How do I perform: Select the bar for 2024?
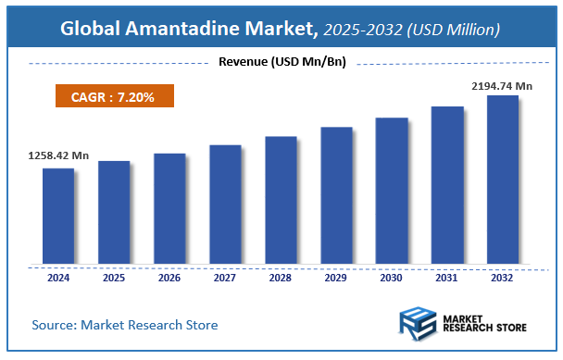click(57, 215)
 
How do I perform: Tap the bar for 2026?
click(169, 207)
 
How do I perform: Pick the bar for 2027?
click(225, 203)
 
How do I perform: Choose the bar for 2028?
click(281, 199)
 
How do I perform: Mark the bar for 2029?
click(336, 194)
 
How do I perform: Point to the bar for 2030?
click(392, 190)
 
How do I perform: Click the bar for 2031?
click(447, 184)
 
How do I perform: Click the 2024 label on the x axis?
click(57, 276)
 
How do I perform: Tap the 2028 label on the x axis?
click(281, 276)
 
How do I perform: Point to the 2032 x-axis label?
click(503, 276)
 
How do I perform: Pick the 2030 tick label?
click(392, 276)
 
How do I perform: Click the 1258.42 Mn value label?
click(53, 156)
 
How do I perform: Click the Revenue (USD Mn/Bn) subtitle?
click(281, 63)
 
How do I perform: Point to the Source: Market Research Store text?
click(125, 325)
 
